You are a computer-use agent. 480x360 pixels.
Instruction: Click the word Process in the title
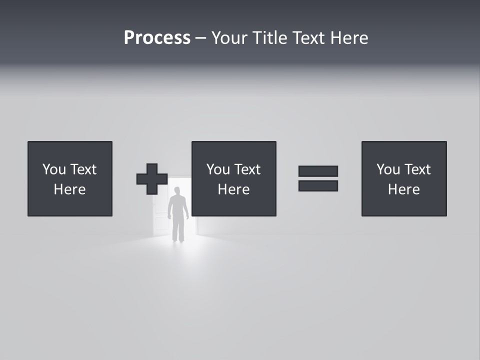pos(157,38)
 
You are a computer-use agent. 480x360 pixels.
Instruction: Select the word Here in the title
pos(349,38)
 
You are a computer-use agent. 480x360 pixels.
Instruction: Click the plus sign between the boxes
pos(152,179)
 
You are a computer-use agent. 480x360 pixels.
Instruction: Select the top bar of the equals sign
pos(318,171)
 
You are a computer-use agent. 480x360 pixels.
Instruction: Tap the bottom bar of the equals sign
pos(318,186)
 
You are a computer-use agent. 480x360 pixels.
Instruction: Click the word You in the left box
pos(54,169)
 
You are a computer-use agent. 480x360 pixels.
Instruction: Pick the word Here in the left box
pos(69,189)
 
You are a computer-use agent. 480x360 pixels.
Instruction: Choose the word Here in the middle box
pos(233,189)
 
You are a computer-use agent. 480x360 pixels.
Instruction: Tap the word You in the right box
pos(388,169)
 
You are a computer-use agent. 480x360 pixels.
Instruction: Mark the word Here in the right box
pos(403,189)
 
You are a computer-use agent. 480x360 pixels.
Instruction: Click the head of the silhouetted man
pos(177,190)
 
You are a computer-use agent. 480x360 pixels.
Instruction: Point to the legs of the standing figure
pos(177,231)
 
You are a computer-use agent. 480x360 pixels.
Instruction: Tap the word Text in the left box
pos(83,169)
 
